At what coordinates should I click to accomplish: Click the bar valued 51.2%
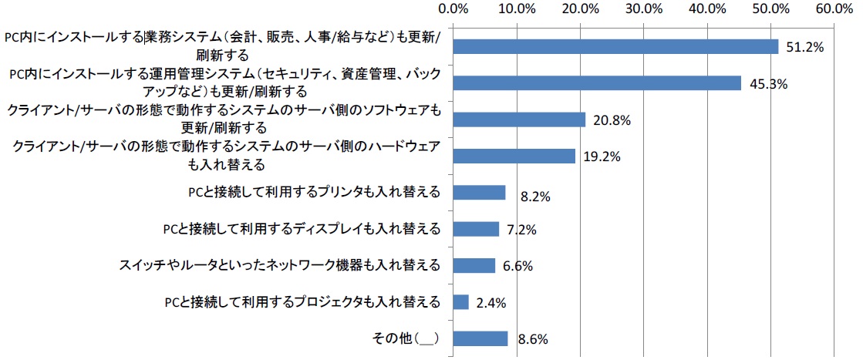point(615,46)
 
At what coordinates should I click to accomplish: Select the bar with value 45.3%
point(597,83)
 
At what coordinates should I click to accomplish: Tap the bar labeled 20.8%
point(519,119)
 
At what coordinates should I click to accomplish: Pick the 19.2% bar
point(514,156)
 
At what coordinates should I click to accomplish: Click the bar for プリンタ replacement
point(479,193)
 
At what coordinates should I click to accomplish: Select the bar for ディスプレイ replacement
point(476,229)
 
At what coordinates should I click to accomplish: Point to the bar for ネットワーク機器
point(474,265)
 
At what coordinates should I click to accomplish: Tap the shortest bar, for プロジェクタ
point(460,302)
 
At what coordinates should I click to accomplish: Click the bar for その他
point(480,338)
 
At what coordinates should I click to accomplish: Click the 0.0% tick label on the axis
point(453,9)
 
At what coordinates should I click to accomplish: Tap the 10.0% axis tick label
point(517,9)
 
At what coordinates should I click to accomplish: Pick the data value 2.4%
point(490,304)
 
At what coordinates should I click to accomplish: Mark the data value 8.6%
point(530,340)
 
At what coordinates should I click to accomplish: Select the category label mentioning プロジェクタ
point(302,302)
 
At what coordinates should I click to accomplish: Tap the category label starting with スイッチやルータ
point(280,265)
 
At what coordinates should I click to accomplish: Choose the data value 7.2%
point(521,230)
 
